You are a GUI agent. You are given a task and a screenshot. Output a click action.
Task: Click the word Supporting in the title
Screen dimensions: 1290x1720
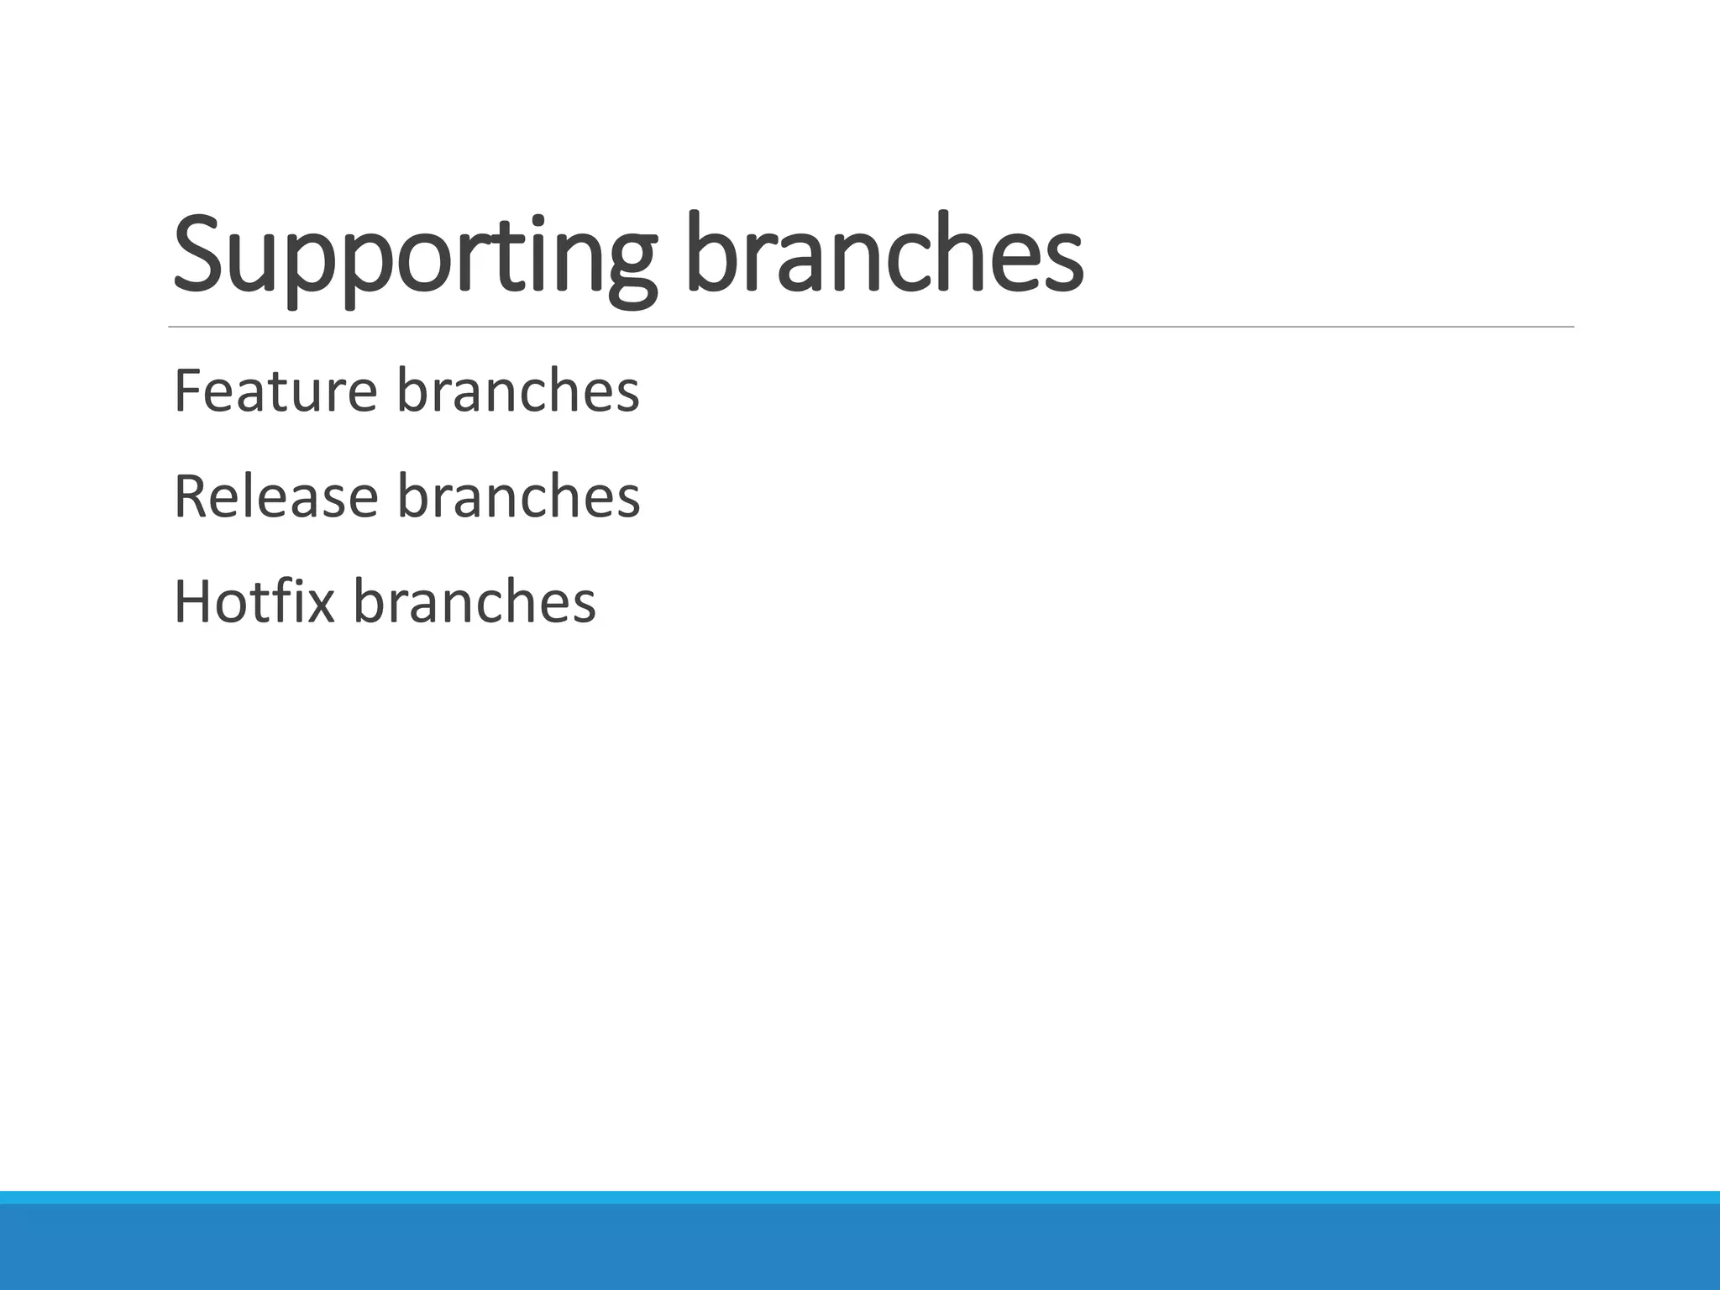click(x=412, y=256)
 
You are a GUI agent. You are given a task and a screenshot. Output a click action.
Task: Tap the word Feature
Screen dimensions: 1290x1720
click(x=275, y=391)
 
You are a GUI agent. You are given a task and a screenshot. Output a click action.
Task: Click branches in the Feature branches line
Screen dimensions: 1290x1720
click(x=517, y=391)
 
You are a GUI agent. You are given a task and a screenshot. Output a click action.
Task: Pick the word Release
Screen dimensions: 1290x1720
click(x=275, y=496)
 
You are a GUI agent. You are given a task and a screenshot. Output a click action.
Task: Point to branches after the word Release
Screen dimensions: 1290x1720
click(x=518, y=496)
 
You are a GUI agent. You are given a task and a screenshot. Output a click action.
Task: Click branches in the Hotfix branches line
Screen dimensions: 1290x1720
click(x=474, y=602)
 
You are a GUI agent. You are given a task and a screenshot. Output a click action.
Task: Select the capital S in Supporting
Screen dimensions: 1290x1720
click(x=199, y=254)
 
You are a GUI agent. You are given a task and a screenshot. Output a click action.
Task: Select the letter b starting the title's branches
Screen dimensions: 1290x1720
click(x=709, y=252)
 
